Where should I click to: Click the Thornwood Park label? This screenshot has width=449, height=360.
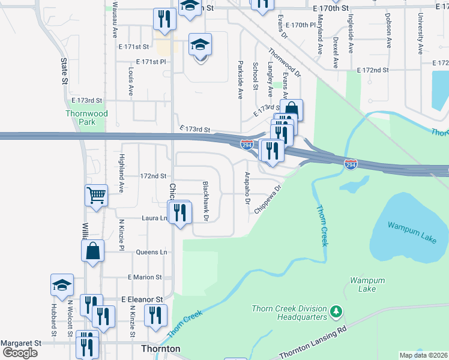tap(87, 118)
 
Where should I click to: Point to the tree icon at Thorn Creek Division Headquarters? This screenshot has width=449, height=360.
tap(337, 311)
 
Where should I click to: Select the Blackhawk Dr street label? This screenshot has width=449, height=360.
tap(205, 201)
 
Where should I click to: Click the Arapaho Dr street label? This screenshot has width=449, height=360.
tap(247, 188)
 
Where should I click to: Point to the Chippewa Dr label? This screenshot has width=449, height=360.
tap(268, 199)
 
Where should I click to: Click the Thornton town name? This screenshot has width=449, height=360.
tap(160, 349)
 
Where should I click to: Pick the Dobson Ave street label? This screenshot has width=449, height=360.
tap(388, 32)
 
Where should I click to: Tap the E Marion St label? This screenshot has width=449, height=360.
tap(145, 277)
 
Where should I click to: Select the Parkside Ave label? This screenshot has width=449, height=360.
tap(240, 79)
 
